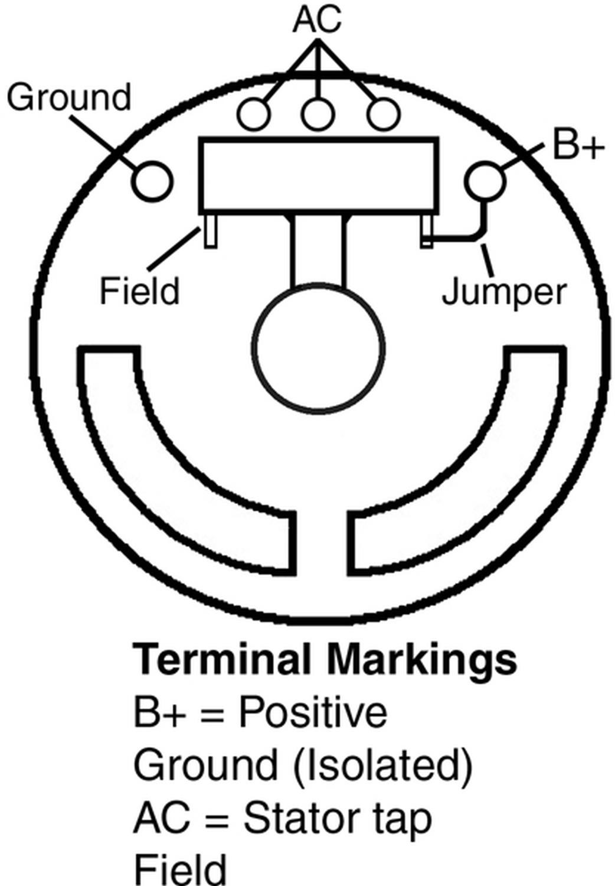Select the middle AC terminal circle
tap(318, 114)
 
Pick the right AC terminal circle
tap(383, 114)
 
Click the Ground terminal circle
tap(152, 181)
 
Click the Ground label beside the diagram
tap(69, 97)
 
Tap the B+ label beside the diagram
tap(578, 147)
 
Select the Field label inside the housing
tap(139, 291)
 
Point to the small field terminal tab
tap(210, 231)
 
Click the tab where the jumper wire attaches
tap(426, 231)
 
